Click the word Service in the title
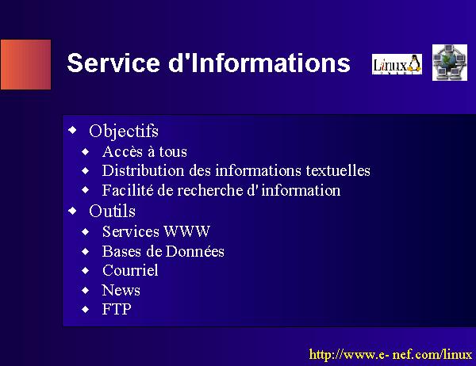click(113, 63)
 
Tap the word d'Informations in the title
click(259, 63)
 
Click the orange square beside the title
click(25, 64)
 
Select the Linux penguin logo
click(397, 64)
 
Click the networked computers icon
click(450, 63)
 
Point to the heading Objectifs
click(124, 132)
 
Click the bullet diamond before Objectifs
click(72, 130)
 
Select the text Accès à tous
click(144, 151)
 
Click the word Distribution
click(143, 170)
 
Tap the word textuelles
click(338, 170)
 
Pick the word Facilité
click(128, 190)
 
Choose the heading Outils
click(112, 211)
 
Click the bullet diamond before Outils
click(72, 211)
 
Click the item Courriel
click(130, 270)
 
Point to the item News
click(121, 290)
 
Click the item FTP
click(117, 309)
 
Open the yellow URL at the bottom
click(390, 354)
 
